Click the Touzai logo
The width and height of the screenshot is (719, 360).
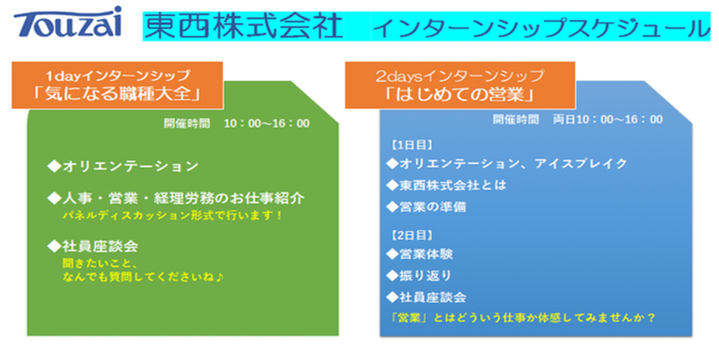[x=68, y=22]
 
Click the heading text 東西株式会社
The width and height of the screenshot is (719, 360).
[x=243, y=26]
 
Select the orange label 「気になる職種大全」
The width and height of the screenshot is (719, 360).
[x=117, y=86]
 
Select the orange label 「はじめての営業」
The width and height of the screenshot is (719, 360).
[x=460, y=86]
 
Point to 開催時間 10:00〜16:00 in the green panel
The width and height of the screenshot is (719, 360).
[x=237, y=123]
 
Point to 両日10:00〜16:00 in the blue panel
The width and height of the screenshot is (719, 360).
[x=608, y=119]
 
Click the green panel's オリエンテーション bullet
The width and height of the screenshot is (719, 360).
[x=123, y=166]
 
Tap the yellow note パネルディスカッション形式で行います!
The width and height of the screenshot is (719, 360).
[x=173, y=215]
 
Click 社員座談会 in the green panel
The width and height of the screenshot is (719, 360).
[x=93, y=247]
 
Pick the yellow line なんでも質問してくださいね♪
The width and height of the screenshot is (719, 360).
[x=143, y=278]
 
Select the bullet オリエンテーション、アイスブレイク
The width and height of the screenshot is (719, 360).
[x=507, y=164]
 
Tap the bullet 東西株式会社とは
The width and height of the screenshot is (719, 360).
[x=446, y=185]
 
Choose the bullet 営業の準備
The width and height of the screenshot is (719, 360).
[x=426, y=207]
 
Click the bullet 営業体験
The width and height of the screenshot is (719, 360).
[x=419, y=253]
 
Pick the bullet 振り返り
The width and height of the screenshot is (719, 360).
[x=419, y=276]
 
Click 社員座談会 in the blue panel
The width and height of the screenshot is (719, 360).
[x=426, y=297]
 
